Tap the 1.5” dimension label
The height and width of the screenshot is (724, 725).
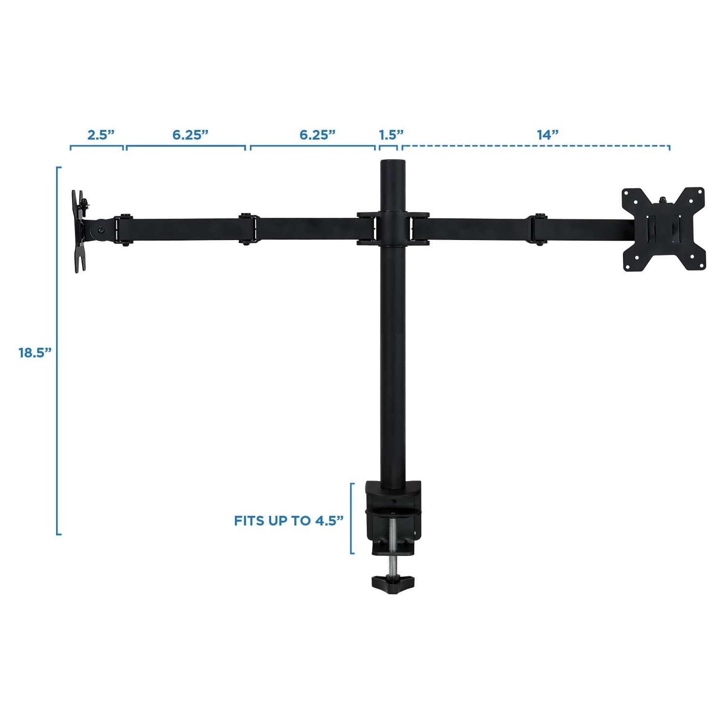391,135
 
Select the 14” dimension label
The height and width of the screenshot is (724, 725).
548,135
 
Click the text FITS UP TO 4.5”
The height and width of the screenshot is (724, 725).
289,521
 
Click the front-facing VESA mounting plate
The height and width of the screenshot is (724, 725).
663,229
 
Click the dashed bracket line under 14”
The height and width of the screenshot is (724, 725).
536,145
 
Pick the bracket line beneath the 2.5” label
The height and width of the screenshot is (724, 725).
97,145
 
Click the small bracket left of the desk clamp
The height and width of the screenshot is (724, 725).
352,518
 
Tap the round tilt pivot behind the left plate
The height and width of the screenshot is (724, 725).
101,230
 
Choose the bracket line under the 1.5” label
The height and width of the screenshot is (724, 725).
388,145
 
